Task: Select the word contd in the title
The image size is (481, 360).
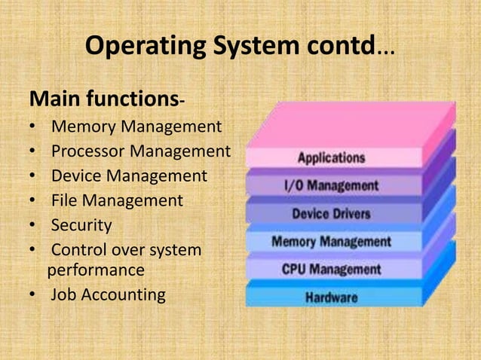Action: [x=339, y=47]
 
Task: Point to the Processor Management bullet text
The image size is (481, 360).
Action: [x=140, y=151]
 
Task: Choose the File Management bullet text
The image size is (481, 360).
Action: [x=117, y=200]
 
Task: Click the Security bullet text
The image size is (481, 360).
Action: [x=81, y=225]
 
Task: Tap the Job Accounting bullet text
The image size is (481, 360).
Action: [x=108, y=294]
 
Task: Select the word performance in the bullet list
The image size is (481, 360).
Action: [x=96, y=270]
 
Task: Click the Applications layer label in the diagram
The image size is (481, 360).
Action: [x=331, y=158]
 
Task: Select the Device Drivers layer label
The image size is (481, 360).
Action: [x=331, y=214]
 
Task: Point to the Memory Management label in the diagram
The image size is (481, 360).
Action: [x=331, y=243]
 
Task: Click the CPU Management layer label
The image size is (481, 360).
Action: [x=331, y=269]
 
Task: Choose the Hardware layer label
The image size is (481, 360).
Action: [x=331, y=297]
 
